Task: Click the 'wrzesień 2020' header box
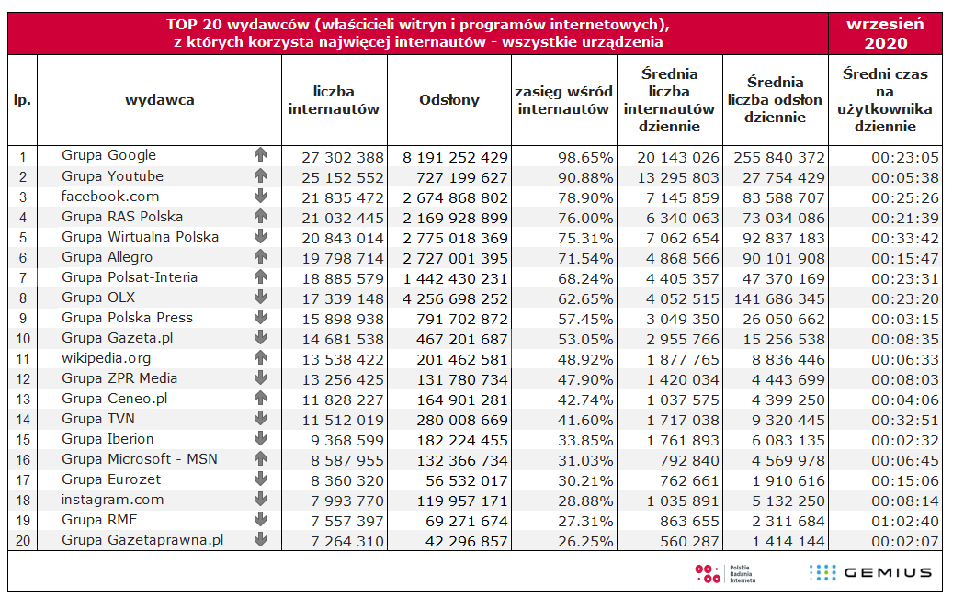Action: (885, 34)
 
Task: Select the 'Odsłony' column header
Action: (449, 100)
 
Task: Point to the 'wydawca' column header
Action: (160, 100)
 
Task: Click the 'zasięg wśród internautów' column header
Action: (563, 100)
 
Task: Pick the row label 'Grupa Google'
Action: (109, 155)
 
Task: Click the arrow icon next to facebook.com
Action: (260, 197)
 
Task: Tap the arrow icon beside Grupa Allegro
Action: (260, 257)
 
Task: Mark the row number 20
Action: (23, 541)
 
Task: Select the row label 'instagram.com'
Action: (112, 500)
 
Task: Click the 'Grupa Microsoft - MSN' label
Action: (140, 459)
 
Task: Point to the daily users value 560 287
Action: (687, 541)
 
